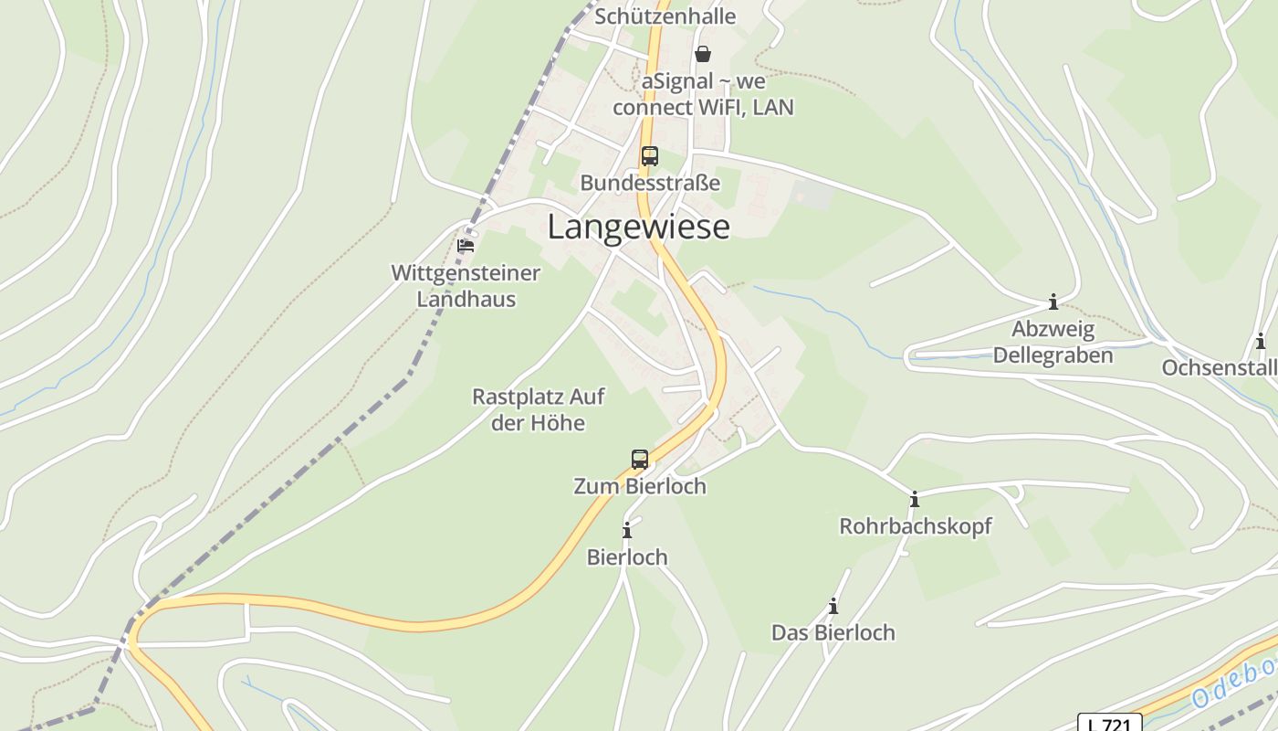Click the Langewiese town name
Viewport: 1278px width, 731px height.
[x=638, y=227]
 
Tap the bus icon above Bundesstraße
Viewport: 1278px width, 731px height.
[x=649, y=156]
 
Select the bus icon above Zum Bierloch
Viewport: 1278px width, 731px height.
[x=640, y=459]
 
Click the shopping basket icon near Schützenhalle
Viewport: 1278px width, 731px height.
[x=703, y=54]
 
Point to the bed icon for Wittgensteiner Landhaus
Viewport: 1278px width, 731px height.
[x=466, y=245]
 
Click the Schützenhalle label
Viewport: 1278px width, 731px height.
[x=665, y=16]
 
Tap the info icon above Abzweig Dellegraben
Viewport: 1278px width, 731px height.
[x=1053, y=302]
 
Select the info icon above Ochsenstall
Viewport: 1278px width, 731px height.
[x=1261, y=342]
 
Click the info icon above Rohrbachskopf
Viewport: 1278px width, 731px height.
[x=914, y=499]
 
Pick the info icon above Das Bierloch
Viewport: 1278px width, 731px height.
[x=833, y=606]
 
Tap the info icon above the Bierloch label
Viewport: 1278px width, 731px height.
[x=627, y=530]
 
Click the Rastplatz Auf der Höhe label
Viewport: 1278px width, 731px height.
[x=538, y=409]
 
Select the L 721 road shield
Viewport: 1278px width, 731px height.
[x=1109, y=724]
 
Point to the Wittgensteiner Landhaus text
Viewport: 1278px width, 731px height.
[x=466, y=285]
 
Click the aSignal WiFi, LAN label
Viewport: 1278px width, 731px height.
[x=703, y=94]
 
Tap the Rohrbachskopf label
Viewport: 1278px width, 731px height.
[x=915, y=526]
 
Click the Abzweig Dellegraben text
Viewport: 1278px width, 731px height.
[x=1053, y=342]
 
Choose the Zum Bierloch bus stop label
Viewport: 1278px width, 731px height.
[x=640, y=486]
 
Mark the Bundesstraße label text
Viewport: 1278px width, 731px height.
[x=650, y=183]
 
